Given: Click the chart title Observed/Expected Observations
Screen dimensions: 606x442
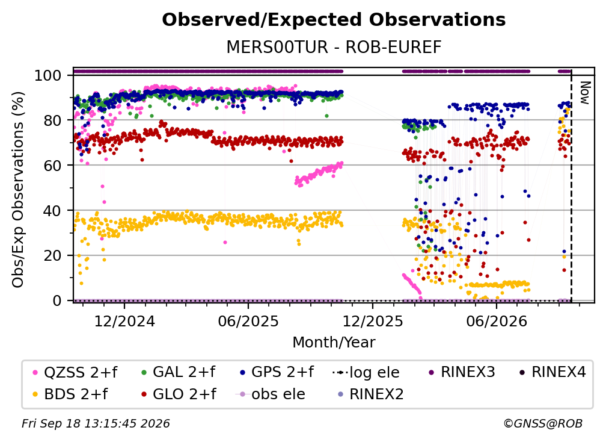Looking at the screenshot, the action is pyautogui.click(x=334, y=20).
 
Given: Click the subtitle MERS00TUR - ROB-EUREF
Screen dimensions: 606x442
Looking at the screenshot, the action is pyautogui.click(x=334, y=47).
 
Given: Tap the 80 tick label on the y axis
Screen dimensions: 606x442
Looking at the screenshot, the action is pyautogui.click(x=52, y=120).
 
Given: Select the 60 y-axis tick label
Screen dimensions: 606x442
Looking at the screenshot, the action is pyautogui.click(x=52, y=165).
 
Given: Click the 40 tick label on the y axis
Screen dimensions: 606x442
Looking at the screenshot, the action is pyautogui.click(x=52, y=211).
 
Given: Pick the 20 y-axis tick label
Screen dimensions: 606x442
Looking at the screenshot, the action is pyautogui.click(x=52, y=255).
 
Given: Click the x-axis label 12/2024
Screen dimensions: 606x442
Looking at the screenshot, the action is pyautogui.click(x=124, y=321).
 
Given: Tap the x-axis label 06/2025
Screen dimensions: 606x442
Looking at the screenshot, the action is pyautogui.click(x=248, y=321).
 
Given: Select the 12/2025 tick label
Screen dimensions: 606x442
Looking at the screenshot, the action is pyautogui.click(x=373, y=321).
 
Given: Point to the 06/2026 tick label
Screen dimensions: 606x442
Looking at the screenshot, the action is pyautogui.click(x=497, y=321).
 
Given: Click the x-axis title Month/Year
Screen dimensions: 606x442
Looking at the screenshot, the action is pyautogui.click(x=334, y=343).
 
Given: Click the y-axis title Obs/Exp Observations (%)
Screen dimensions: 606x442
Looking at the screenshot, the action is pyautogui.click(x=18, y=189).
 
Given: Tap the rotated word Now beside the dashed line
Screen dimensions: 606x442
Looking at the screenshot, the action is pyautogui.click(x=585, y=93).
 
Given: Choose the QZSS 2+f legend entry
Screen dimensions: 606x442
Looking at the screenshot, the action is pyautogui.click(x=75, y=372).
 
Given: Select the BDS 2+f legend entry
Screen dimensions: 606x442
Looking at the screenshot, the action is pyautogui.click(x=70, y=394).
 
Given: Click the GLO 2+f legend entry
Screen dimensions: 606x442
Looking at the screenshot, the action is pyautogui.click(x=179, y=394).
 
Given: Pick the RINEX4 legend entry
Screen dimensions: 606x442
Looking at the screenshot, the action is pyautogui.click(x=552, y=372).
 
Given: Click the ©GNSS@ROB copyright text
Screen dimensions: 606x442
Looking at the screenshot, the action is pyautogui.click(x=543, y=423).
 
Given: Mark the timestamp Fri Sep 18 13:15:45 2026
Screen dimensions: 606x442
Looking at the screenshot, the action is pyautogui.click(x=96, y=423).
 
